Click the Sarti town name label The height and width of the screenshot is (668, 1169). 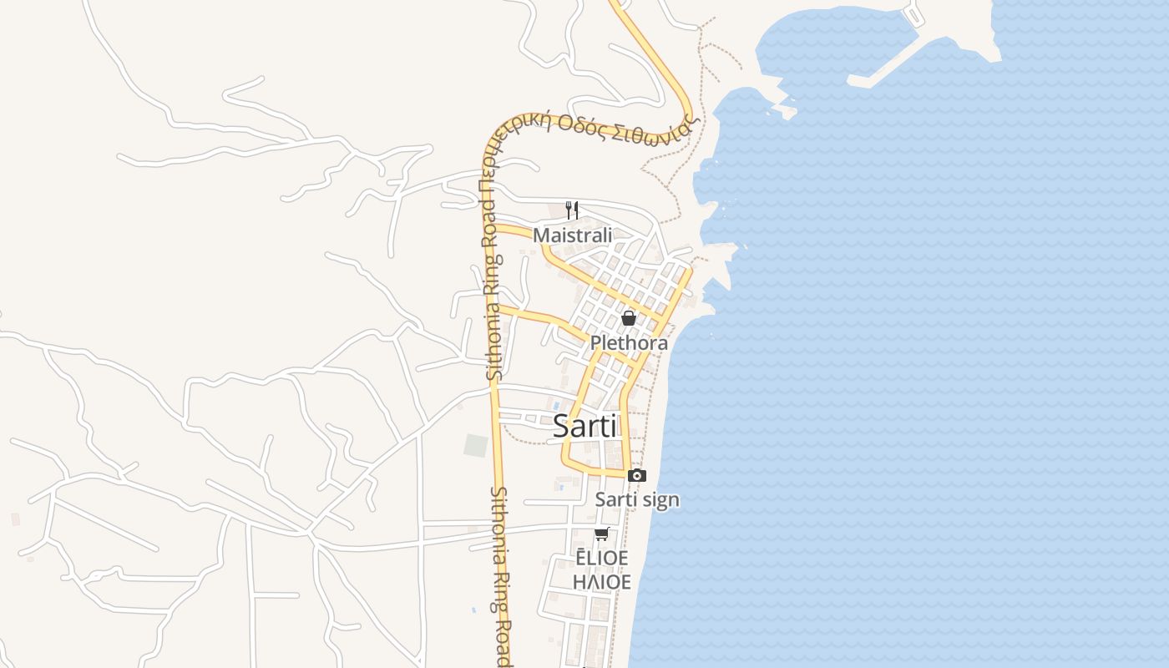(x=584, y=427)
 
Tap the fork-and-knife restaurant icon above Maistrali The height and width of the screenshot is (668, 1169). (x=572, y=210)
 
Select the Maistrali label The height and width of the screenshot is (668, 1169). (x=572, y=235)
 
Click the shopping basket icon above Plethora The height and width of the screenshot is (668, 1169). (x=629, y=318)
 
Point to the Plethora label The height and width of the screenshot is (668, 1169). (x=629, y=342)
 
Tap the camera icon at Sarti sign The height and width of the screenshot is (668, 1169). (x=637, y=475)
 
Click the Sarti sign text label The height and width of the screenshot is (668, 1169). (x=636, y=500)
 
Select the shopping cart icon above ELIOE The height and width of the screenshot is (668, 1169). (x=601, y=534)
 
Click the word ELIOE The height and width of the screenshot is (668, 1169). (x=601, y=558)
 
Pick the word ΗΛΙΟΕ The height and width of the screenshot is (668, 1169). (x=601, y=581)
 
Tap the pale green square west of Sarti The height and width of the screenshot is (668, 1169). (x=475, y=446)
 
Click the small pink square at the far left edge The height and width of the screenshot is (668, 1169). (x=15, y=519)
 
